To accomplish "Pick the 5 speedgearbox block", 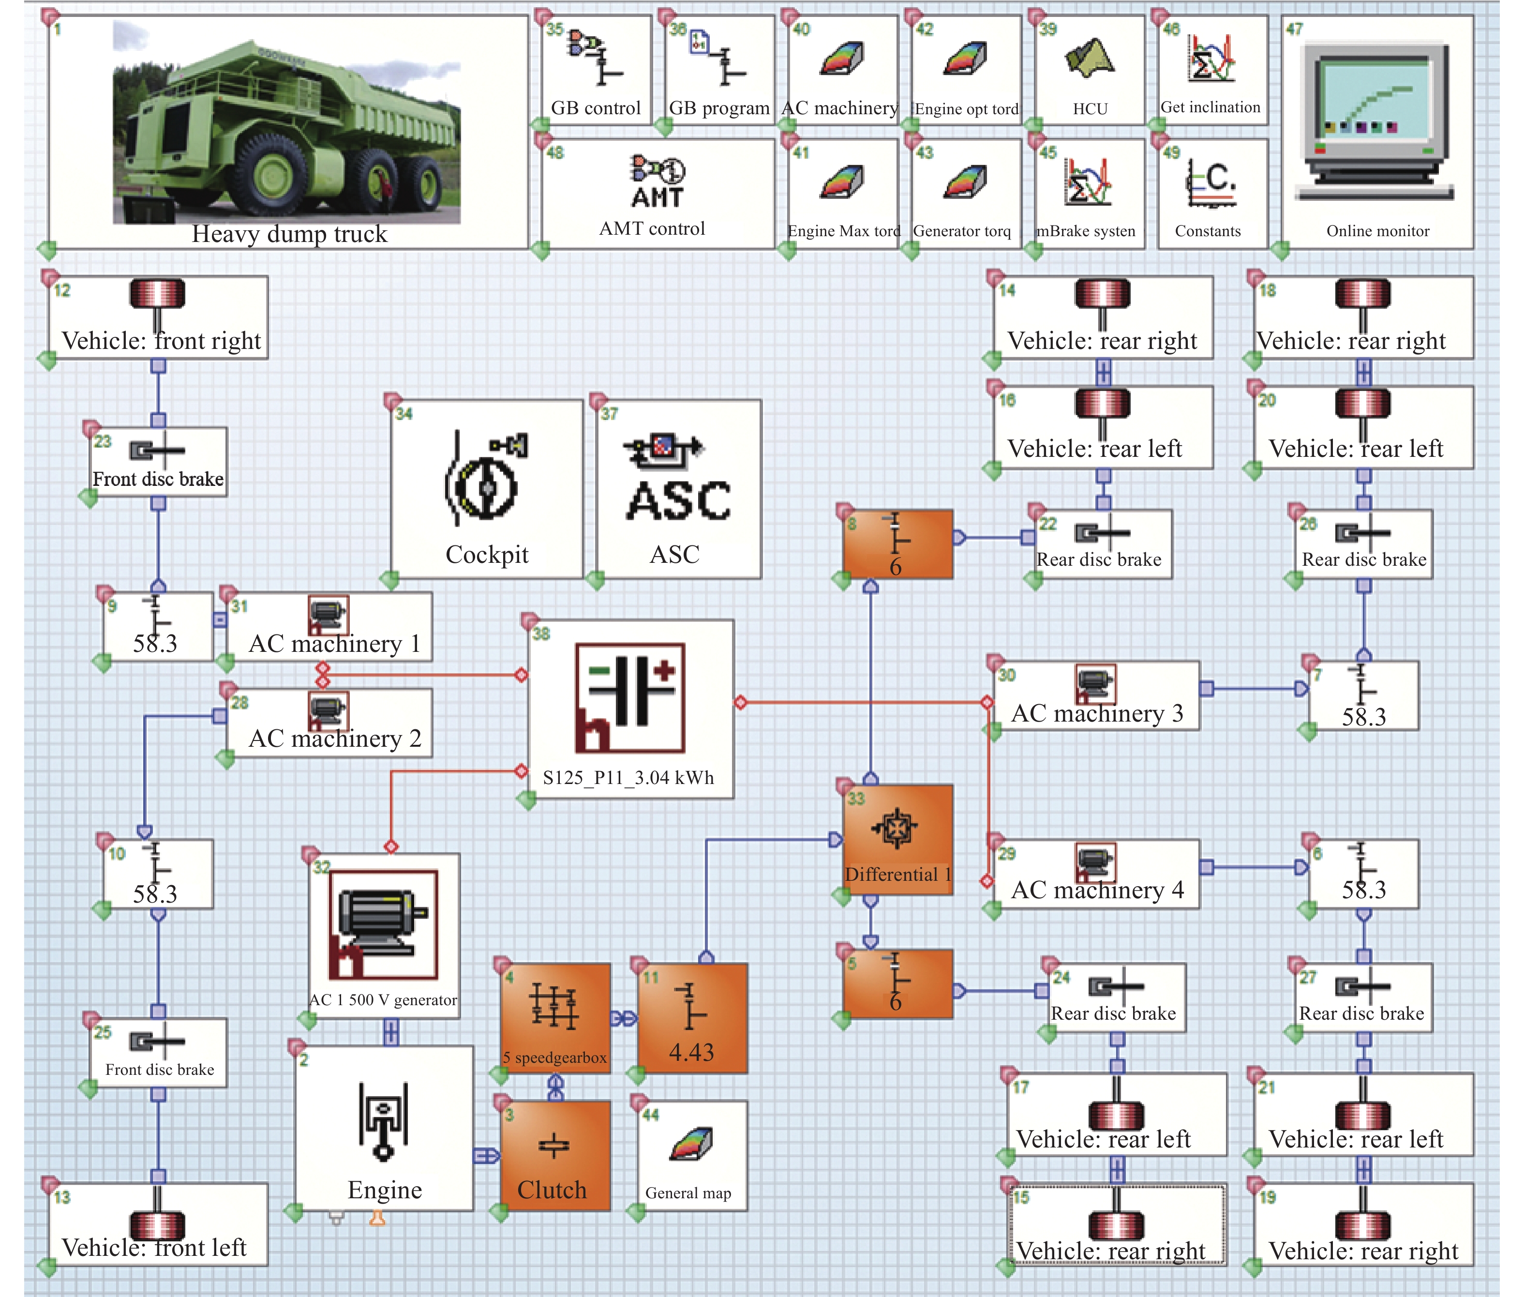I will (555, 1018).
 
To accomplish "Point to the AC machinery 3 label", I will (1097, 713).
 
